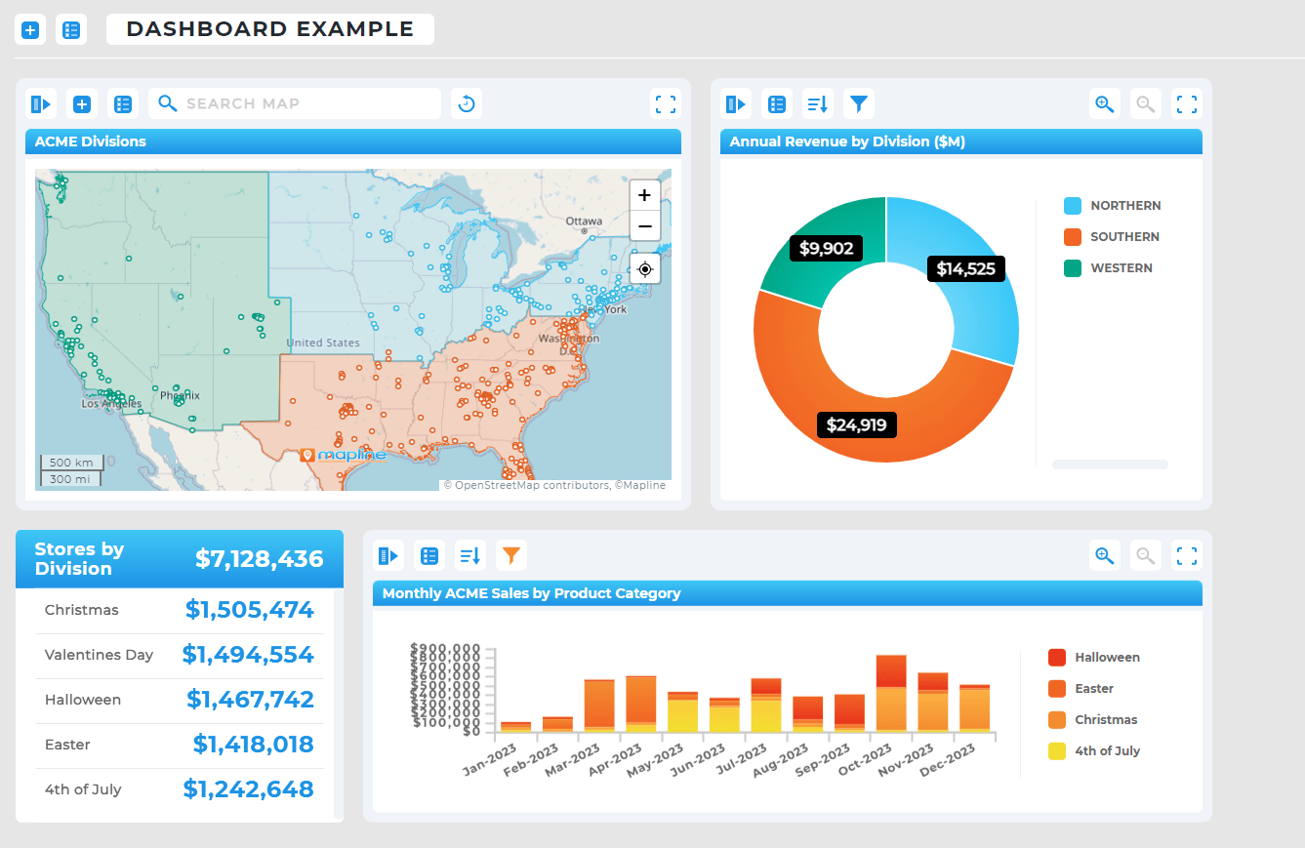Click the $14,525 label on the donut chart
[x=965, y=268]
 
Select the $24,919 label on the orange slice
[x=856, y=424]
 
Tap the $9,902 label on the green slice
[x=826, y=248]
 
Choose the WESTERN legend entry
[x=1121, y=267]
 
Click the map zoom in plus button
[x=644, y=195]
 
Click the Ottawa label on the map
[x=584, y=221]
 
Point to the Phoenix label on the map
[x=180, y=395]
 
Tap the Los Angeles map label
[x=111, y=403]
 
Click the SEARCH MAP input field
[x=303, y=103]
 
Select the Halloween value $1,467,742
[x=250, y=699]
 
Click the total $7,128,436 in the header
[x=259, y=558]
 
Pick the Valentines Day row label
[x=99, y=655]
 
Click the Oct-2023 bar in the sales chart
[x=891, y=693]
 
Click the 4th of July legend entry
[x=1107, y=750]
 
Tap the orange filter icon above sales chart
[x=511, y=556]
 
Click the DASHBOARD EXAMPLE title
[x=270, y=29]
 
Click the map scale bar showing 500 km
[x=70, y=462]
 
